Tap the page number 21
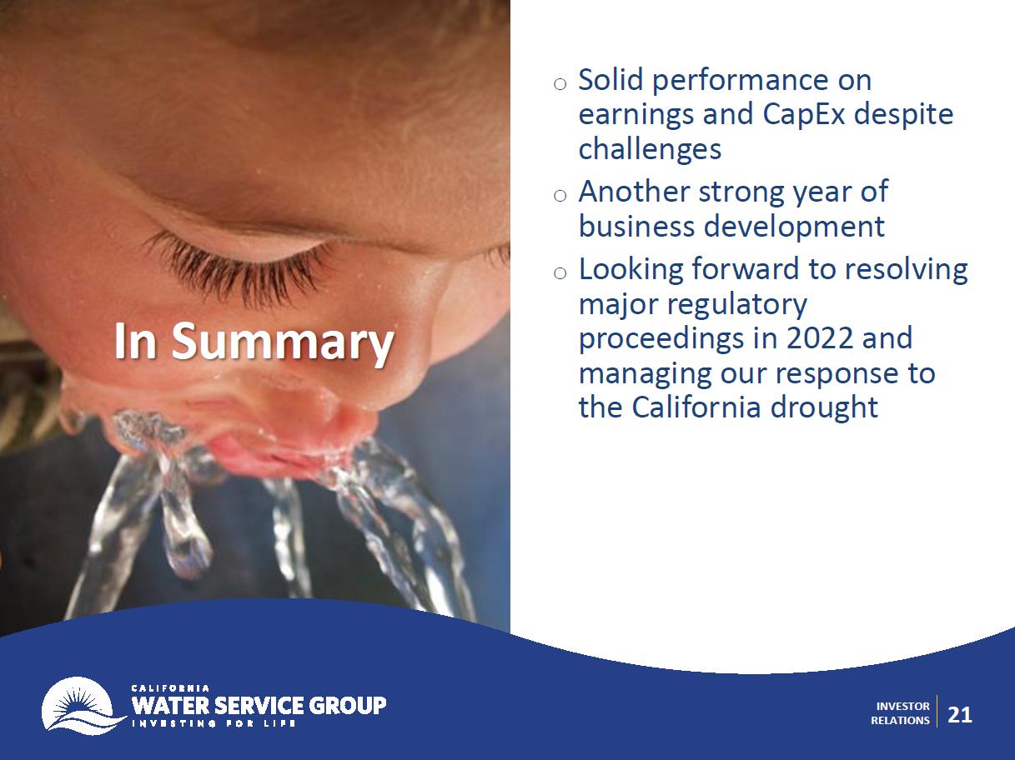(960, 715)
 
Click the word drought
(824, 407)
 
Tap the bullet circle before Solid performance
(560, 84)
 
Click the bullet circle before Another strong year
(560, 196)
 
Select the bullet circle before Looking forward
(560, 273)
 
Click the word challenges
(650, 149)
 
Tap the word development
(794, 227)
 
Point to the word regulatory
(738, 305)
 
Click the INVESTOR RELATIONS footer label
(900, 712)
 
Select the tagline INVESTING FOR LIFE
(214, 723)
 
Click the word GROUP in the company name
(347, 705)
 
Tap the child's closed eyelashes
(239, 268)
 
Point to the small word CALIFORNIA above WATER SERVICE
(171, 688)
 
